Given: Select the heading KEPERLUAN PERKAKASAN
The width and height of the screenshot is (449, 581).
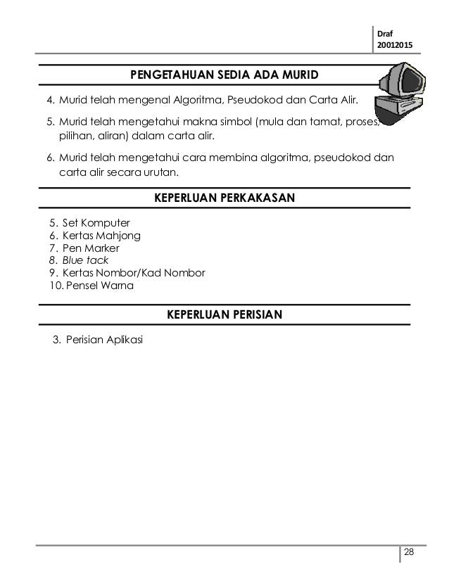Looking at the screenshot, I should click(224, 199).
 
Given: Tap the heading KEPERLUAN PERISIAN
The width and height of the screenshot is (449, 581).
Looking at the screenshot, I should click(224, 314).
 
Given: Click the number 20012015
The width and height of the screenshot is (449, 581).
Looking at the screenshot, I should click(396, 46).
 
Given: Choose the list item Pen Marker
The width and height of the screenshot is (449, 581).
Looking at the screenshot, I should click(91, 248).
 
